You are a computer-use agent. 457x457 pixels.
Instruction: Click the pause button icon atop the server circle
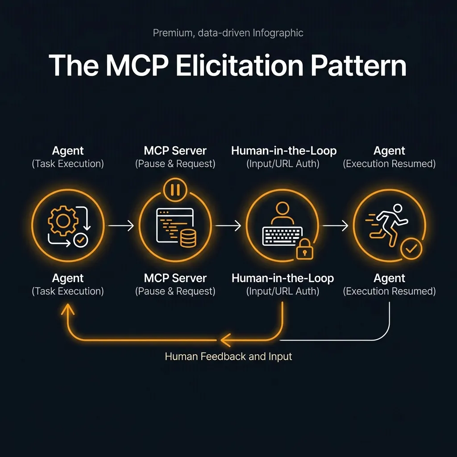[174, 190]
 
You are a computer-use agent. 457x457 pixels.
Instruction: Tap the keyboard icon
[282, 236]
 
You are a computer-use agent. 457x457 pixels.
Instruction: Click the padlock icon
[305, 249]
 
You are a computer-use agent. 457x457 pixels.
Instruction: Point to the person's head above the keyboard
[283, 209]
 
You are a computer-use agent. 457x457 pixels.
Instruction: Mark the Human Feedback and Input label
[228, 357]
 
